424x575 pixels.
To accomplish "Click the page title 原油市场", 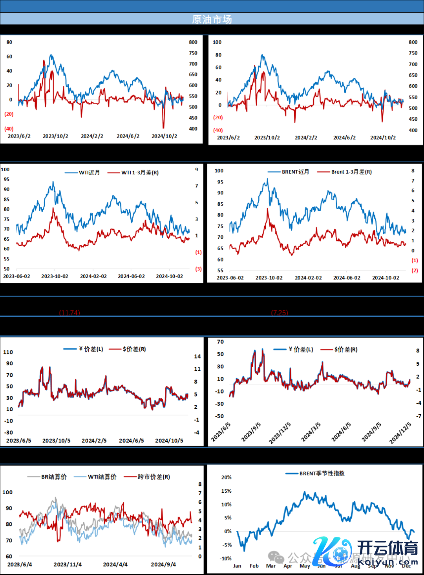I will pyautogui.click(x=212, y=19).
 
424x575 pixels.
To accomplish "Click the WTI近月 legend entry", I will pyautogui.click(x=89, y=172).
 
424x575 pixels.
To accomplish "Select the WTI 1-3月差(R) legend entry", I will pyautogui.click(x=140, y=172).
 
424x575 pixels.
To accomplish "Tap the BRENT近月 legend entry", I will pyautogui.click(x=295, y=172).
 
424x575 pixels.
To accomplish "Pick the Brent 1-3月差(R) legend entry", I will pyautogui.click(x=351, y=172).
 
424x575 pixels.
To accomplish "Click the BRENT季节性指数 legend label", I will pyautogui.click(x=322, y=473).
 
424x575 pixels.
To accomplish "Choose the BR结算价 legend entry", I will pyautogui.click(x=54, y=477).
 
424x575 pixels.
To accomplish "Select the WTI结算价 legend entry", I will pyautogui.click(x=102, y=477).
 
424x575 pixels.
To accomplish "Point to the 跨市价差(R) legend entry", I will pyautogui.click(x=154, y=477).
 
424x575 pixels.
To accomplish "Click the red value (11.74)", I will pyautogui.click(x=69, y=313).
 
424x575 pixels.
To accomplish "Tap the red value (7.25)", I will pyautogui.click(x=280, y=313).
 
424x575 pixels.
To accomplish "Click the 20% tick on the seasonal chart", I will pyautogui.click(x=227, y=477).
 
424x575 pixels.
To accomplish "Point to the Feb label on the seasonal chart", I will pyautogui.click(x=254, y=566).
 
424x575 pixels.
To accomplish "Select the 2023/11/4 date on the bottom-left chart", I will pyautogui.click(x=68, y=564).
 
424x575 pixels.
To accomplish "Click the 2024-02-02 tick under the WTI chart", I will pyautogui.click(x=93, y=276).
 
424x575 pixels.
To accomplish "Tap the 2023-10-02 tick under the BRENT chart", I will pyautogui.click(x=269, y=278).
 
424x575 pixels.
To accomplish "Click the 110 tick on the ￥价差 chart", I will pyautogui.click(x=8, y=352).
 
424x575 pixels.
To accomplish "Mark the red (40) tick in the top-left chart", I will pyautogui.click(x=9, y=129).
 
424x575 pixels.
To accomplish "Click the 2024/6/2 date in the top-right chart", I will pyautogui.click(x=344, y=138).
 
